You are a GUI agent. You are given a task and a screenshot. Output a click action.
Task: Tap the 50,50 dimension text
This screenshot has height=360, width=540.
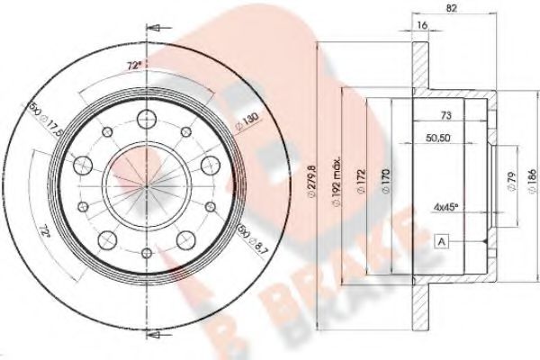tap(438, 139)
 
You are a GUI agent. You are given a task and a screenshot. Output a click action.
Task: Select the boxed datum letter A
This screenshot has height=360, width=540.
tap(442, 239)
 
